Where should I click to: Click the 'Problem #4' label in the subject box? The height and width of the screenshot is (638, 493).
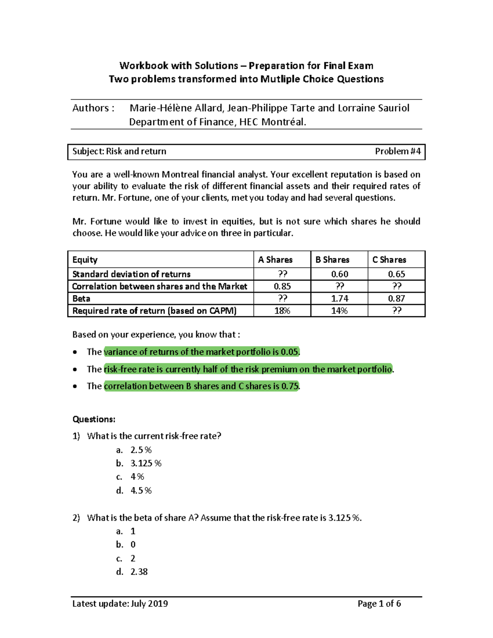point(397,151)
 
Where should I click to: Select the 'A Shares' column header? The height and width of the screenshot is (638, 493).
point(275,260)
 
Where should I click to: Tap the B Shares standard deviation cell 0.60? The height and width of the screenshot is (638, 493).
point(339,274)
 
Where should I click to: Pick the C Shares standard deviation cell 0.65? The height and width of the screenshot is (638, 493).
point(396,274)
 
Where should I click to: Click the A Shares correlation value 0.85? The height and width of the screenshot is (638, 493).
point(282,286)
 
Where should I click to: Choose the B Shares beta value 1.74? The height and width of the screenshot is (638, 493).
point(339,299)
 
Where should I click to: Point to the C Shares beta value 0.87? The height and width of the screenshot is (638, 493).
point(396,299)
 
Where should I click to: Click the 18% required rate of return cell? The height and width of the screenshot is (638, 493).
point(282,311)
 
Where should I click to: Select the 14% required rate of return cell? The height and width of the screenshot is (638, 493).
point(339,311)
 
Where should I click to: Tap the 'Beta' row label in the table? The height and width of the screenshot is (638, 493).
point(81,299)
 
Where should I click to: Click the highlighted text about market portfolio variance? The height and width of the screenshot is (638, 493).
point(202,352)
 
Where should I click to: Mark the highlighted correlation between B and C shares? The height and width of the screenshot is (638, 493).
point(201,386)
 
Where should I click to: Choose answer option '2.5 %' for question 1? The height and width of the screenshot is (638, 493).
point(141,450)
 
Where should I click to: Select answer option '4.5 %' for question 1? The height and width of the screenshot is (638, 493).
point(141,491)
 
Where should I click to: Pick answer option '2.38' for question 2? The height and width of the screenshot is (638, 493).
point(139,572)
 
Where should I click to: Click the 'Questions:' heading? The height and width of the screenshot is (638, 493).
point(94,419)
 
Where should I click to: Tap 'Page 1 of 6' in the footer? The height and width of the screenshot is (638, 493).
point(379,603)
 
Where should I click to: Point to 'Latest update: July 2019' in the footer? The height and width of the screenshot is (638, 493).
point(120,603)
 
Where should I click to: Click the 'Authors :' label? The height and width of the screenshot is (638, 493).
point(93,108)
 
